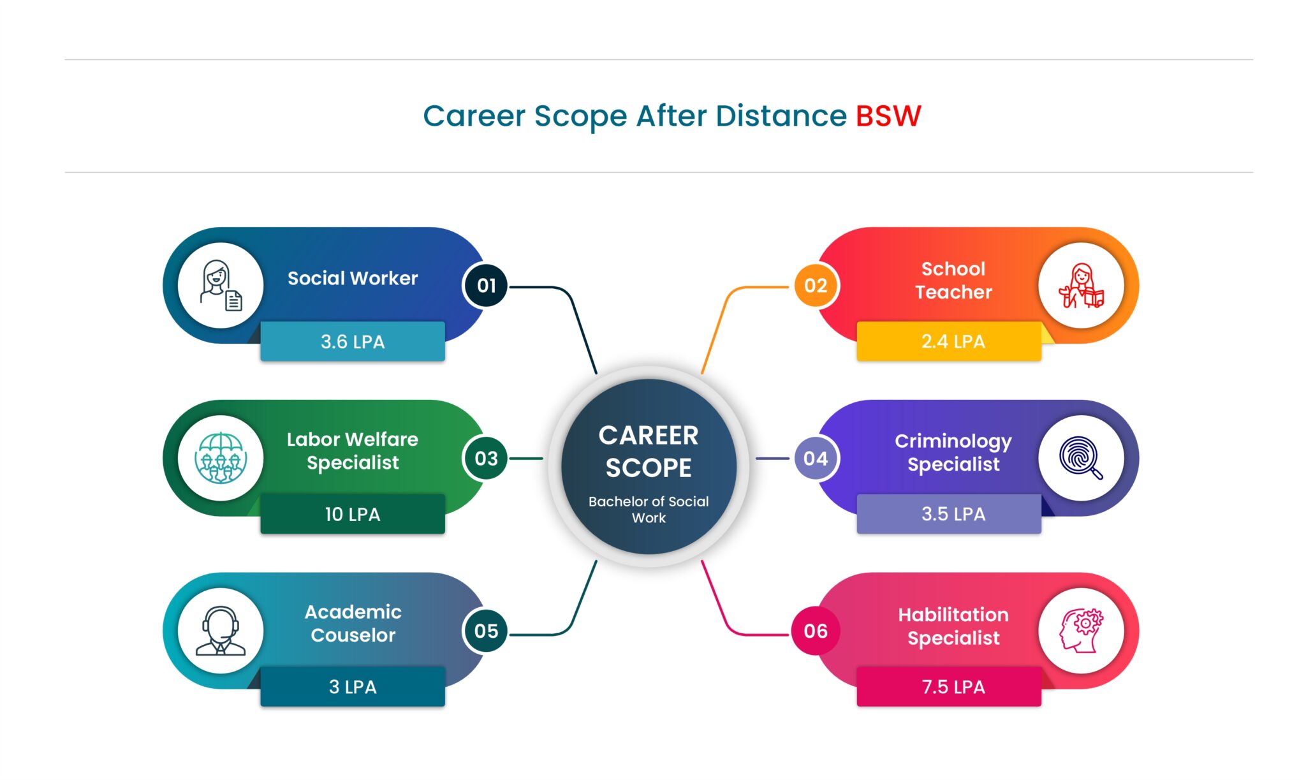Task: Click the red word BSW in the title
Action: pyautogui.click(x=888, y=116)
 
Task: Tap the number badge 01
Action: pyautogui.click(x=486, y=286)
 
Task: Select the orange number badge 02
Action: pyautogui.click(x=816, y=286)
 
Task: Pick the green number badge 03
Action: pyautogui.click(x=486, y=458)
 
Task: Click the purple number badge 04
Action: pyautogui.click(x=816, y=458)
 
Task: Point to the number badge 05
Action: pyautogui.click(x=486, y=631)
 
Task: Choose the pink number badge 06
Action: pyautogui.click(x=816, y=631)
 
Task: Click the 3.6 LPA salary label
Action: pyautogui.click(x=353, y=341)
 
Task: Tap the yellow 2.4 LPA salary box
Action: pyautogui.click(x=949, y=341)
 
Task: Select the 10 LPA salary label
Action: pyautogui.click(x=353, y=513)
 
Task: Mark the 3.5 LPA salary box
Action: pyautogui.click(x=949, y=513)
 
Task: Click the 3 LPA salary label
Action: pyautogui.click(x=353, y=686)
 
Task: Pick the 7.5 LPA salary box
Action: pyautogui.click(x=949, y=686)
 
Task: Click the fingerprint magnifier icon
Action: pyautogui.click(x=1081, y=457)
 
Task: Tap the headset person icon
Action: pyautogui.click(x=221, y=631)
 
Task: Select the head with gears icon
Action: pyautogui.click(x=1081, y=631)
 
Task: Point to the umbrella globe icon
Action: pyautogui.click(x=221, y=458)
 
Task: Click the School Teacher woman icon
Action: pyautogui.click(x=1081, y=286)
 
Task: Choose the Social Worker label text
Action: pyautogui.click(x=353, y=278)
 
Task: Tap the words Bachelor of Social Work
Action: pyautogui.click(x=649, y=510)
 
